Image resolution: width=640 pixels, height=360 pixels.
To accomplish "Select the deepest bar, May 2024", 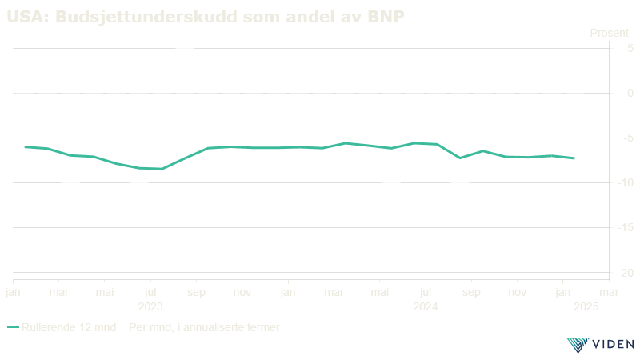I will (391, 148).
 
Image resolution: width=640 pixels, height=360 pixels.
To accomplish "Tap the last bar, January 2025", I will (574, 138).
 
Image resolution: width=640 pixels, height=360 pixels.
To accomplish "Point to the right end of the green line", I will (574, 158).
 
